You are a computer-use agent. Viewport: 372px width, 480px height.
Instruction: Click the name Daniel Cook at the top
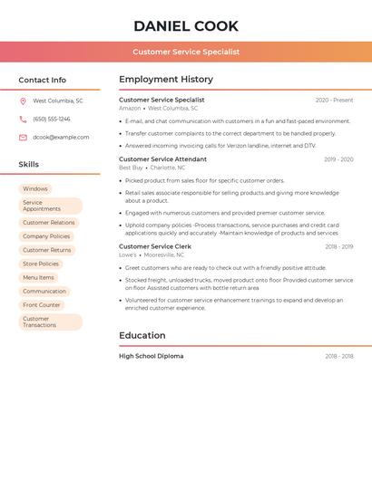tap(186, 26)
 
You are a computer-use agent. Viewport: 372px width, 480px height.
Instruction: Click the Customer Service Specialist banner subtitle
tap(186, 52)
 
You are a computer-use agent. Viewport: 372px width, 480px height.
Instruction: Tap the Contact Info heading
tap(43, 80)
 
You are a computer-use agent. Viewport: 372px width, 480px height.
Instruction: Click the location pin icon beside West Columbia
tap(23, 101)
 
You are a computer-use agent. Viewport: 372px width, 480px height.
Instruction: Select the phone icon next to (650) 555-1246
tap(23, 120)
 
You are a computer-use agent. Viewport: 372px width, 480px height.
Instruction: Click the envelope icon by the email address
tap(23, 138)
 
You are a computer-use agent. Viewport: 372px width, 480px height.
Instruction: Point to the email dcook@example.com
tap(61, 138)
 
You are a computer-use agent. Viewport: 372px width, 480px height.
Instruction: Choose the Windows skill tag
tap(35, 189)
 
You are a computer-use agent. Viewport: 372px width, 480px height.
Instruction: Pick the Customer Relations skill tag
tap(49, 223)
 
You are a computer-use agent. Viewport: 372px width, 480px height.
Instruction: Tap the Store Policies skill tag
tap(41, 264)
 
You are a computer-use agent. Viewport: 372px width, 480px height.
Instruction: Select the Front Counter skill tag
tap(42, 305)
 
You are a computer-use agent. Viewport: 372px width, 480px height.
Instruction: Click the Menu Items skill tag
tap(38, 278)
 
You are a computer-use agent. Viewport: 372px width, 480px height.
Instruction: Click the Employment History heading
tap(166, 80)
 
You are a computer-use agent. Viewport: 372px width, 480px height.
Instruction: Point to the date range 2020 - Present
tap(334, 100)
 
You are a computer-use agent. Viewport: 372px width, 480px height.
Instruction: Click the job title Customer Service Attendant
tap(163, 159)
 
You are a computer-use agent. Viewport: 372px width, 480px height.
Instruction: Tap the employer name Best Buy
tap(131, 168)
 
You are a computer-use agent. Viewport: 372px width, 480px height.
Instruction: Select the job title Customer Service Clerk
tap(155, 246)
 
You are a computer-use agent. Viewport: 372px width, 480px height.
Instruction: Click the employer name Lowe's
tap(128, 255)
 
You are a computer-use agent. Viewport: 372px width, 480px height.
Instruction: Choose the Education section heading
tap(142, 335)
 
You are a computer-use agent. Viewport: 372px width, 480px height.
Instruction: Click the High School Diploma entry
tap(152, 356)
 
